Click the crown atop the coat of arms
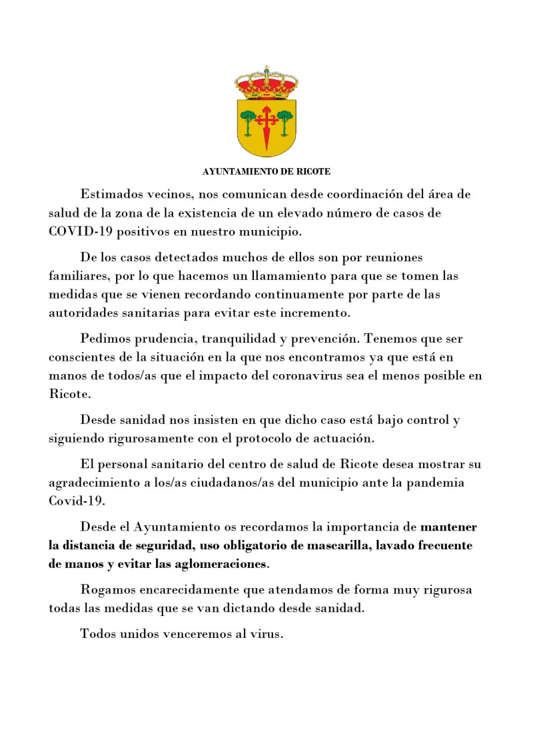click(x=266, y=83)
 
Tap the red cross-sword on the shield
click(x=266, y=127)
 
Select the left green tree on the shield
click(x=249, y=120)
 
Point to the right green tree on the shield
click(x=284, y=120)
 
